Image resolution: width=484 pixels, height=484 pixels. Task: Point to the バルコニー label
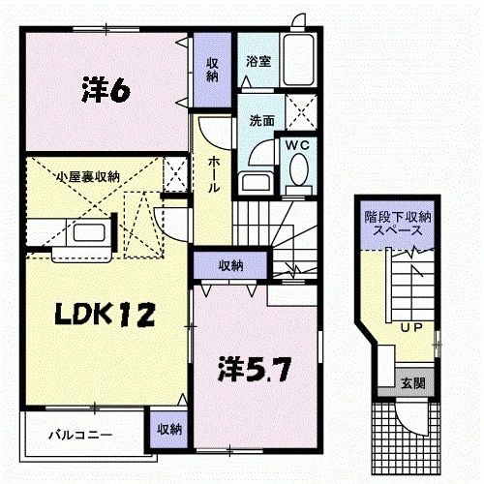tap(80, 436)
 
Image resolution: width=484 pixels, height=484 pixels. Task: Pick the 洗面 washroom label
tap(260, 122)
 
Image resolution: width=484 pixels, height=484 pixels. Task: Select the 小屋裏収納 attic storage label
tap(88, 176)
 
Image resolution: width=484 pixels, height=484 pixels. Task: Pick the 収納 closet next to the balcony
tap(168, 430)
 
